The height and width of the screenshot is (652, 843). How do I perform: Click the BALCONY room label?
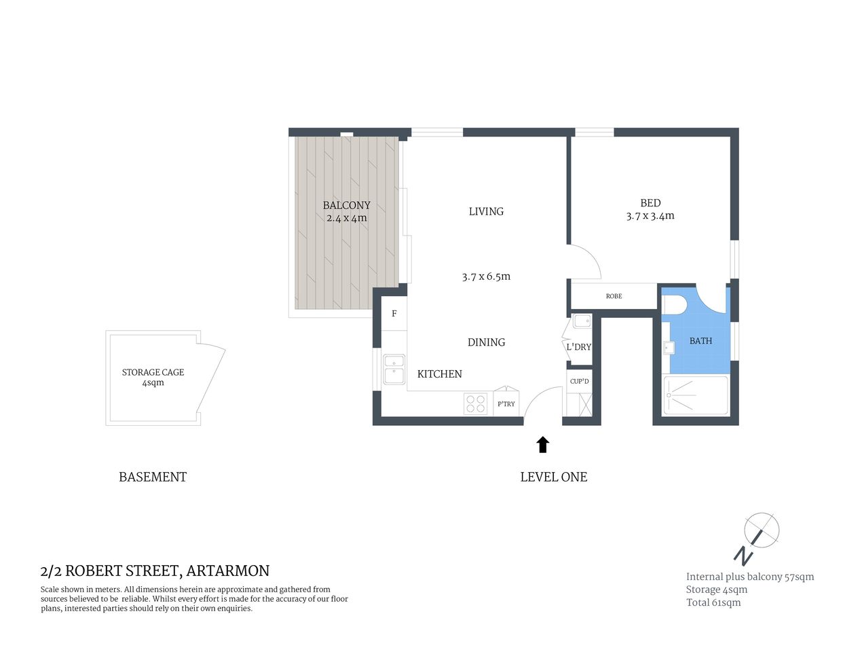click(346, 205)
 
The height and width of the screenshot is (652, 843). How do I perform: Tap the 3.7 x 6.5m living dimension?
click(486, 276)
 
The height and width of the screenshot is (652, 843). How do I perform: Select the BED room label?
click(650, 203)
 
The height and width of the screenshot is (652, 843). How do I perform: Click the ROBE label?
click(614, 296)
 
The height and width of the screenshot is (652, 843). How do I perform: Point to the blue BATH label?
click(700, 341)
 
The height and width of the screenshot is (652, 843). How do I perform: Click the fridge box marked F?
click(394, 314)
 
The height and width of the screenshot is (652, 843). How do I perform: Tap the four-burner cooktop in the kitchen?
click(476, 404)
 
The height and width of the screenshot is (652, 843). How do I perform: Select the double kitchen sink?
click(394, 369)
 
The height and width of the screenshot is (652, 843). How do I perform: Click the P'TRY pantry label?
click(506, 404)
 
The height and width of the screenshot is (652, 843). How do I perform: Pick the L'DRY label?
click(578, 347)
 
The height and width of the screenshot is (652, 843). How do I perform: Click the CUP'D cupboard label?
click(580, 382)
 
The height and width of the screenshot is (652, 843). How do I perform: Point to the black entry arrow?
click(542, 445)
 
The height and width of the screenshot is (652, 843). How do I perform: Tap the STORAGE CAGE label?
click(153, 372)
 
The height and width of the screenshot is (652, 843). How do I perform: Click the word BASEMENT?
click(153, 477)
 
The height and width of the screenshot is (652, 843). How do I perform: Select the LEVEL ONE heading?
click(553, 477)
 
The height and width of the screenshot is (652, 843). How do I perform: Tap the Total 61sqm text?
click(713, 602)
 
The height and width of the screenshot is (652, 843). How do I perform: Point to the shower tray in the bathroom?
click(696, 395)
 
